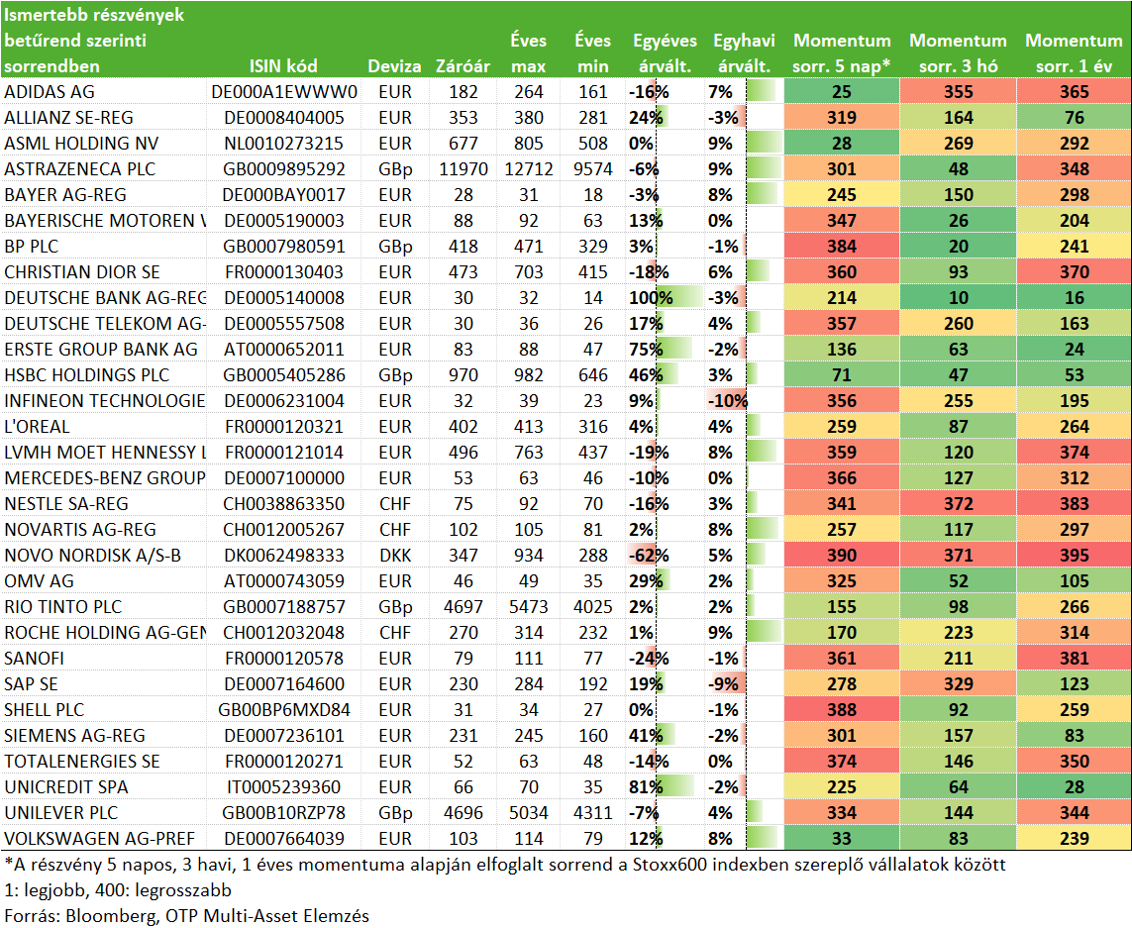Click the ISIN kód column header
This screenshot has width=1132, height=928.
point(283,66)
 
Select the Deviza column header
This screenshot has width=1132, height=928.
point(394,66)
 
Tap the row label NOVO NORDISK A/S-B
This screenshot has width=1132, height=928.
point(92,556)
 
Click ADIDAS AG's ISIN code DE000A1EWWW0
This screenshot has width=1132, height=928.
point(283,92)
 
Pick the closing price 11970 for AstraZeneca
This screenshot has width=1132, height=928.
point(463,169)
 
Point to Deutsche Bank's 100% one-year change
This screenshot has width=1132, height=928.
point(651,297)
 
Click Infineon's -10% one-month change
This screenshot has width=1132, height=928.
point(727,401)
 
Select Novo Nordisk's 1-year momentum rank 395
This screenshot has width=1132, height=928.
point(1074,556)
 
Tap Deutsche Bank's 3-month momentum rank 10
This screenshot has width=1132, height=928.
point(958,297)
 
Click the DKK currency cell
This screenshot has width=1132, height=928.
point(395,556)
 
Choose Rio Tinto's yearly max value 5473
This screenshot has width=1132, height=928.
point(529,607)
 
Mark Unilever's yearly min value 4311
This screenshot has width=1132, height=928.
point(592,812)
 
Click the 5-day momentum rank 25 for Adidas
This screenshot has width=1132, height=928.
point(841,92)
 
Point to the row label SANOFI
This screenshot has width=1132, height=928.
point(34,658)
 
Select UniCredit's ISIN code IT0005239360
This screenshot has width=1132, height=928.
point(283,787)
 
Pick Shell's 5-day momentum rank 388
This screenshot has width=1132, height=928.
point(841,710)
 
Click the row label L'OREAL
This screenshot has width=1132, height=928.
point(37,427)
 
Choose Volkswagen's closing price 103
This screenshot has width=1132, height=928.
point(463,839)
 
